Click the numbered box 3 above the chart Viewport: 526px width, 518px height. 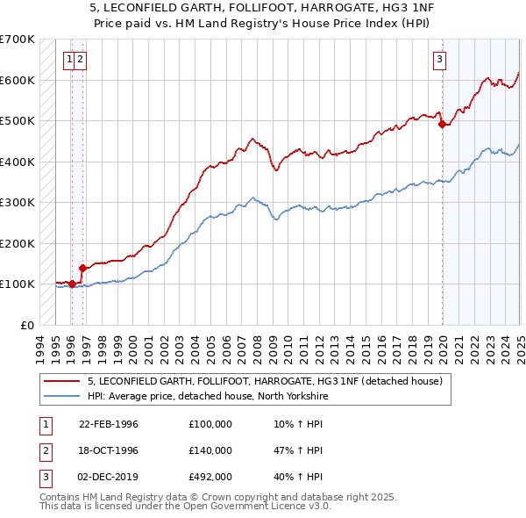point(439,60)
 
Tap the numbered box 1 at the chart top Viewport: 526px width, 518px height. point(68,60)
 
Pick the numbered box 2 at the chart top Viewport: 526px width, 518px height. point(80,60)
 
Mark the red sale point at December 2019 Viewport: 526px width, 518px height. point(443,125)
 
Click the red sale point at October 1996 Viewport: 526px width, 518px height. point(82,268)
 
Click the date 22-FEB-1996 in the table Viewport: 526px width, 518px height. point(109,424)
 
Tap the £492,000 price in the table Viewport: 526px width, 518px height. point(210,477)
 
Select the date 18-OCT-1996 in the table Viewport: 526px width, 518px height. point(109,450)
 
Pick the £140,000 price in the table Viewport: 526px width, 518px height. point(210,450)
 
